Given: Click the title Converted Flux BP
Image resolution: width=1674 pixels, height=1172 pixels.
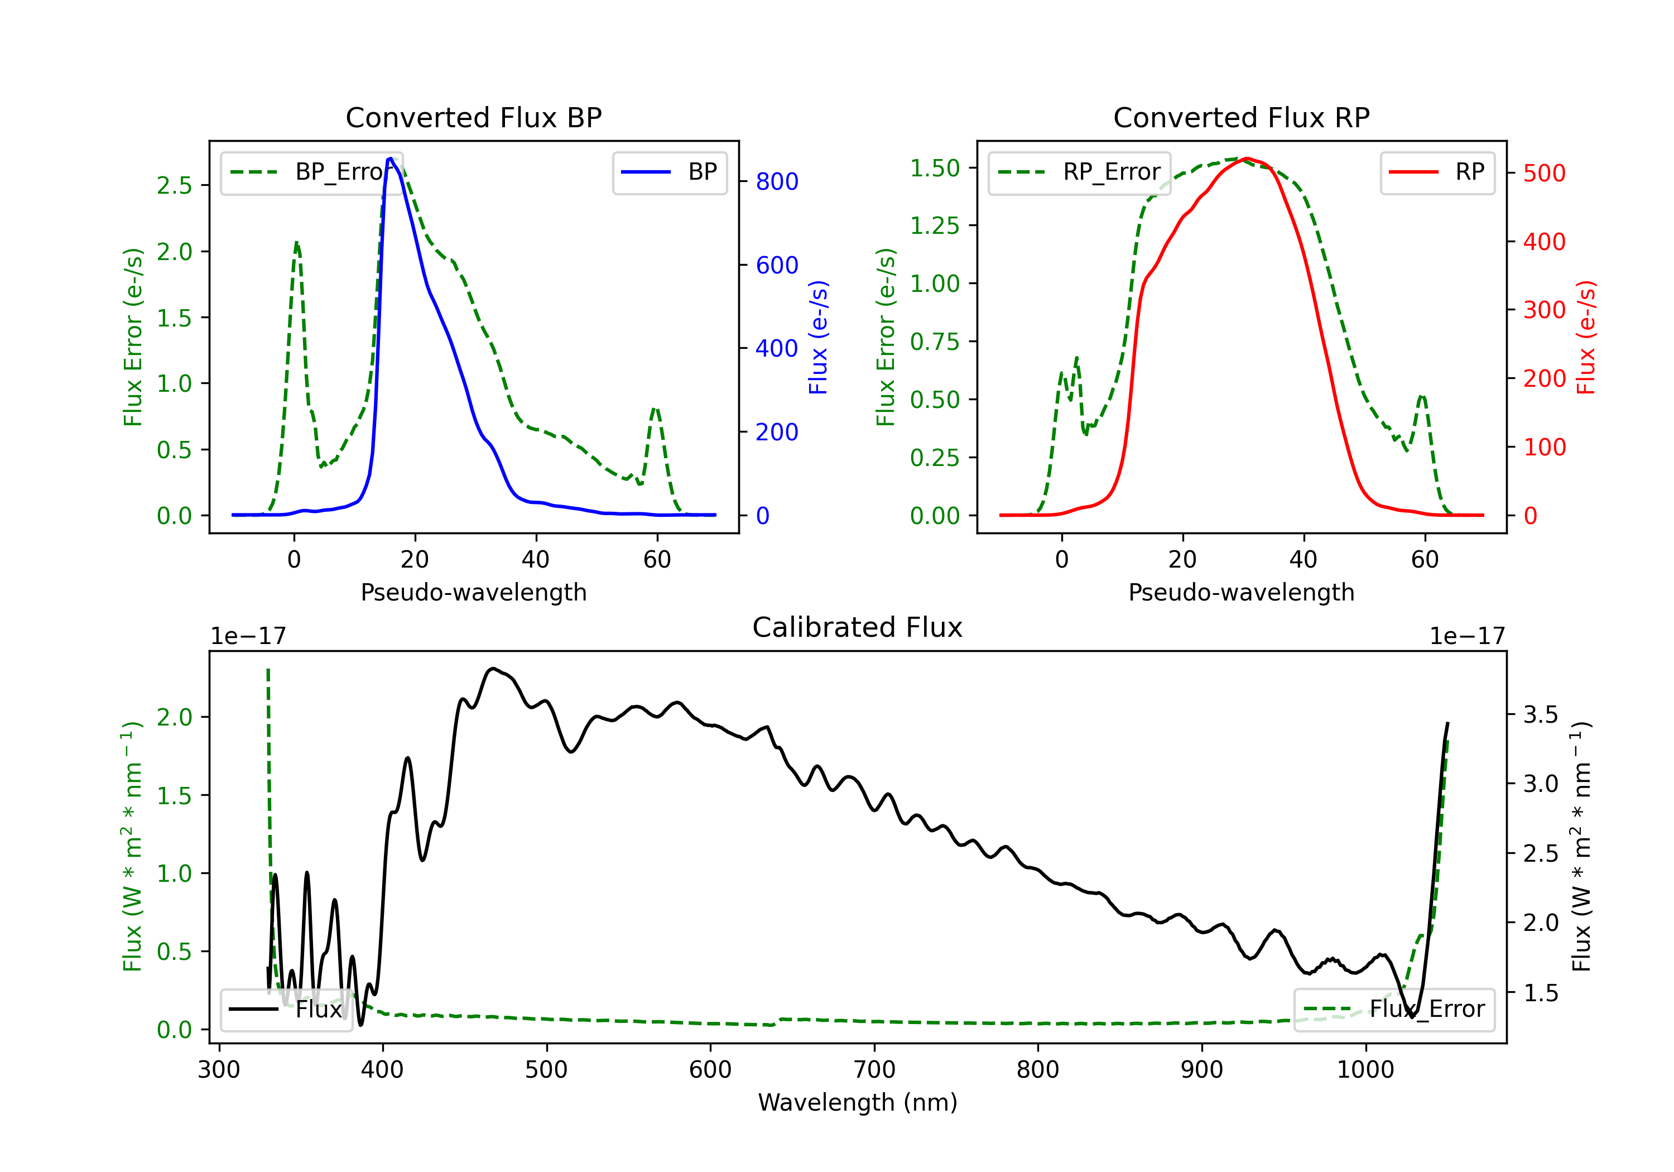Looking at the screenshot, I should (x=473, y=117).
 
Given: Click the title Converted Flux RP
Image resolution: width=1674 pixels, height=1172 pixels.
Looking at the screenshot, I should (x=1241, y=117).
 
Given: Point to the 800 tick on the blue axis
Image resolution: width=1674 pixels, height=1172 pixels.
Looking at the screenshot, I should (x=777, y=181).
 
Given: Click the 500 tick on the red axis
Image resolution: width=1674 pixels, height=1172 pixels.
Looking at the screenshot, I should (x=1544, y=174).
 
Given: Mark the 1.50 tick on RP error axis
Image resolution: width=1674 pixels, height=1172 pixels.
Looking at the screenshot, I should (x=935, y=168).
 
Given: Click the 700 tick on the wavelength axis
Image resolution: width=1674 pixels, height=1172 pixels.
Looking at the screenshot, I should (x=874, y=1070).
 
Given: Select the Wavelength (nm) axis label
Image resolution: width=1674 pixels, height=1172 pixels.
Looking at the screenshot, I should (x=858, y=1102).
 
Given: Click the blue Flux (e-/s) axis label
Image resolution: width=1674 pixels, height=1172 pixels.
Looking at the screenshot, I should (x=818, y=337).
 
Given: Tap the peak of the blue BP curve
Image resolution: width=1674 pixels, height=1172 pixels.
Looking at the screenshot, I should (x=391, y=158).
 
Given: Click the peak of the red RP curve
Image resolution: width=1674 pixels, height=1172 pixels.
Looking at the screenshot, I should (x=1247, y=158).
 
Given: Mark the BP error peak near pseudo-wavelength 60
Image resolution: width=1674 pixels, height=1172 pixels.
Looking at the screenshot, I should (x=656, y=409).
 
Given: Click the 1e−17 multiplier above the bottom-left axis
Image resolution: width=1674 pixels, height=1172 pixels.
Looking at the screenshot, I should (x=248, y=636).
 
